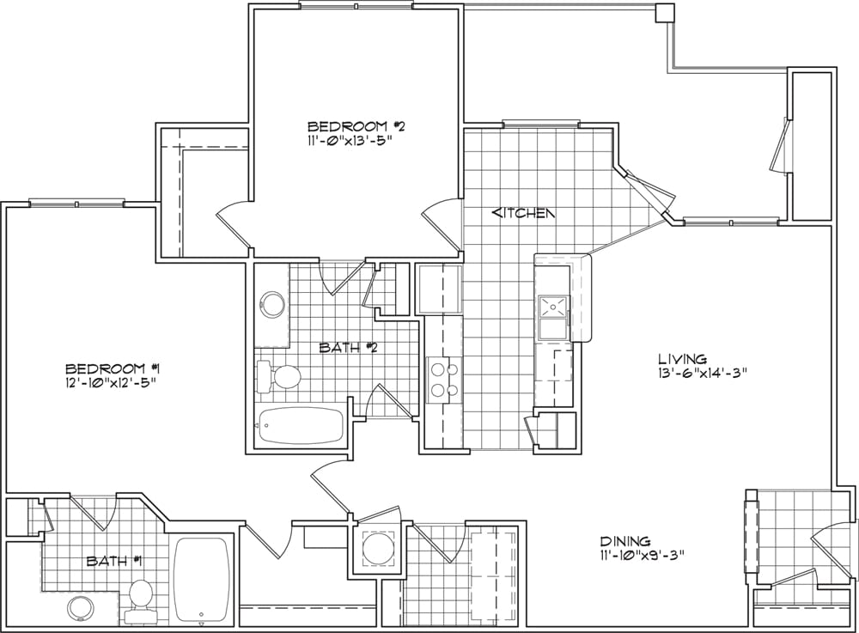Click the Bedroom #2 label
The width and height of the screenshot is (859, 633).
[356, 126]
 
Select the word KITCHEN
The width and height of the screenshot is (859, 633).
[524, 212]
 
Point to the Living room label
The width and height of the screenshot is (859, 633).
[682, 359]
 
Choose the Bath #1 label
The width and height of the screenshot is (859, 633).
[115, 561]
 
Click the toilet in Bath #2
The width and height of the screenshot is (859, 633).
[279, 376]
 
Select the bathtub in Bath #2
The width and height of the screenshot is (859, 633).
[300, 426]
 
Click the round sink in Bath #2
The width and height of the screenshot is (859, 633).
[272, 304]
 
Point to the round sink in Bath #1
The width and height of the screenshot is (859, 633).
[81, 610]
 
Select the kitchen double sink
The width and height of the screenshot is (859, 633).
[554, 318]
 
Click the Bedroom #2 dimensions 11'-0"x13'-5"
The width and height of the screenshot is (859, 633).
[350, 140]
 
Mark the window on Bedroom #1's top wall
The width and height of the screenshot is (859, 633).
[76, 204]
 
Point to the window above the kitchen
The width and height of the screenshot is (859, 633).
[540, 123]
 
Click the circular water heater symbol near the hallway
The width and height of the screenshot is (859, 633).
[377, 548]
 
